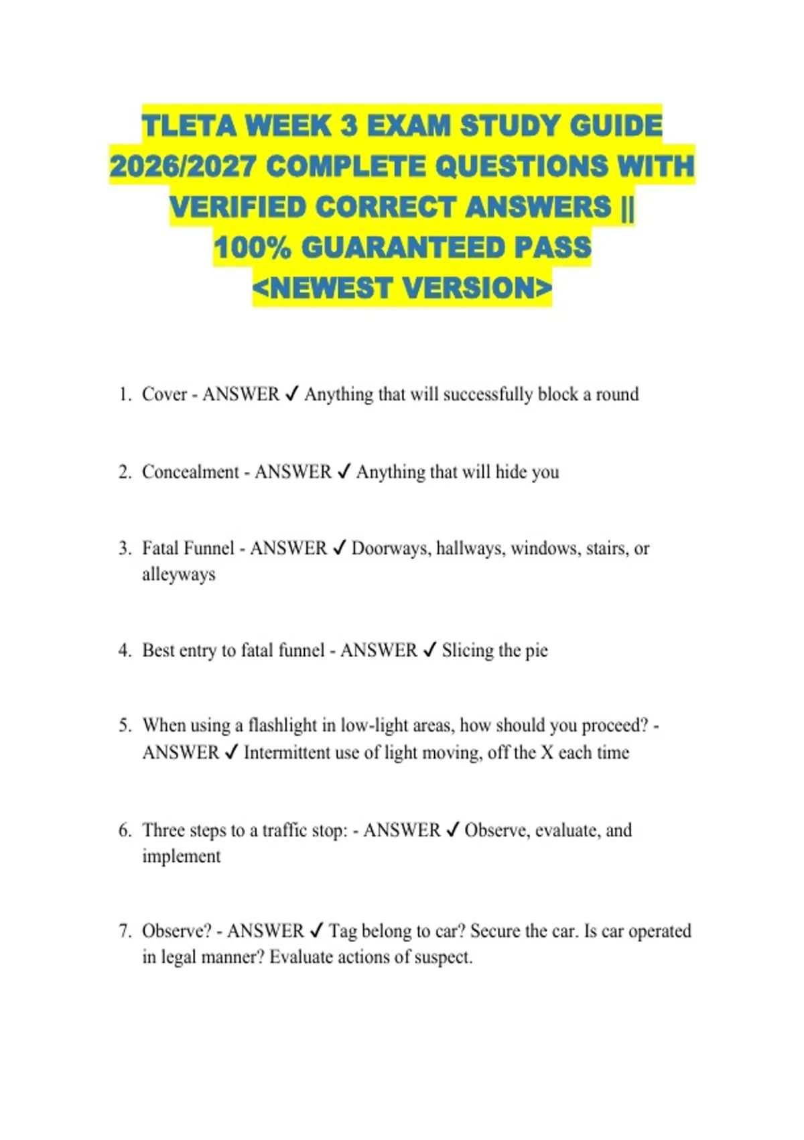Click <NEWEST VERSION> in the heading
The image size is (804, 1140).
[402, 288]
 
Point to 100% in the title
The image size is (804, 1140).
[253, 247]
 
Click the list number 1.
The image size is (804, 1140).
[125, 394]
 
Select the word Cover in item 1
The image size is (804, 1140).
[164, 394]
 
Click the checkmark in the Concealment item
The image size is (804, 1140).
[344, 472]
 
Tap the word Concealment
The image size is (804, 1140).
[190, 472]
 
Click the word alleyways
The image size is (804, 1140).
[179, 575]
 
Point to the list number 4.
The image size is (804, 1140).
[125, 650]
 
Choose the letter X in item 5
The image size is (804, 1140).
[547, 752]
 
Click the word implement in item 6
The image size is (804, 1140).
[181, 856]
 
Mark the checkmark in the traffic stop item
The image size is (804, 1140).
[453, 830]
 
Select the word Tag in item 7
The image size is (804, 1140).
[343, 931]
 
